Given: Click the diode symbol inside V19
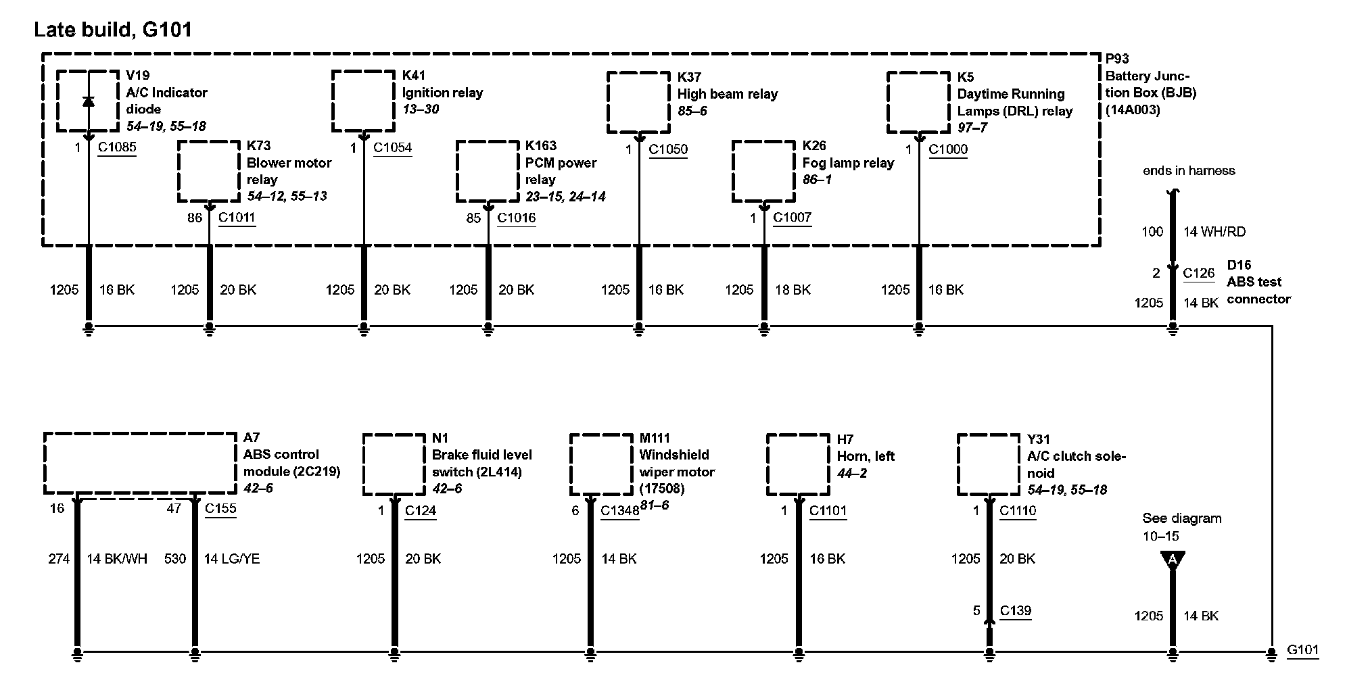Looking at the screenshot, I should (88, 101).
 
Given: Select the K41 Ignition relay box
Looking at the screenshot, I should (363, 101).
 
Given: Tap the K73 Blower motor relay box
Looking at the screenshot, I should (209, 171).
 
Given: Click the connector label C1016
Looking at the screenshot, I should (516, 218).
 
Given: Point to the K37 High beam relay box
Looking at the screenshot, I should (638, 102).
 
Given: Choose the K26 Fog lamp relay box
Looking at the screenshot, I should (763, 171).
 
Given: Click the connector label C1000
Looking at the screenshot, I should (947, 149).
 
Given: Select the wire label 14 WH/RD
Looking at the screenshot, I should (1214, 232).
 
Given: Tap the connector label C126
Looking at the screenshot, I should (1198, 273).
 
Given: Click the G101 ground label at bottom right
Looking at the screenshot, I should (1302, 650).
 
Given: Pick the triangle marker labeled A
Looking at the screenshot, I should (1173, 560).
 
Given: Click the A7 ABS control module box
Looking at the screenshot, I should (140, 464).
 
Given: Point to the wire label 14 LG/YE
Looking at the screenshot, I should (231, 559).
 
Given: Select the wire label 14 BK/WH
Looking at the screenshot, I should (116, 559).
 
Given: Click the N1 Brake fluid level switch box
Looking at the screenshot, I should (394, 464).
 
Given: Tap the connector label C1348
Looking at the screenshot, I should (619, 511).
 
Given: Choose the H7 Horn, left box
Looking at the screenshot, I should (798, 464).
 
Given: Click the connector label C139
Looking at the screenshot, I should (1015, 611).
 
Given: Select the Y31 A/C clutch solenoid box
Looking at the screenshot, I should (988, 465).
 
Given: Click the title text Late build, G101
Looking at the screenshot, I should (113, 30).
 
